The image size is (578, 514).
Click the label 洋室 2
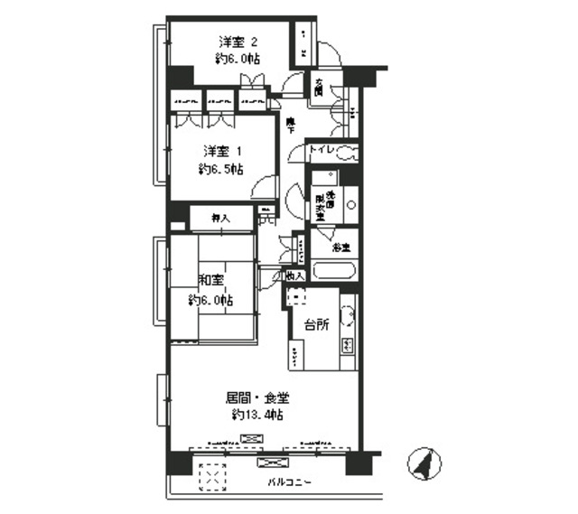(238, 42)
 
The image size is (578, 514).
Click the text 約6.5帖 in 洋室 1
(221, 169)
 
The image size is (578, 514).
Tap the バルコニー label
(290, 482)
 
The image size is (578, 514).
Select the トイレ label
(322, 151)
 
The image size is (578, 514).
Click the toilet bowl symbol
(348, 154)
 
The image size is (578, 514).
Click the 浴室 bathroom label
(340, 246)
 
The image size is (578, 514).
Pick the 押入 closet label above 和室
(220, 218)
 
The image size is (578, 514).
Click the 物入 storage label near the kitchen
(294, 276)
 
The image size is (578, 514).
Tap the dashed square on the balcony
(214, 476)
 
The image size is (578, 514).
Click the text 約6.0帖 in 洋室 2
(238, 59)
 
